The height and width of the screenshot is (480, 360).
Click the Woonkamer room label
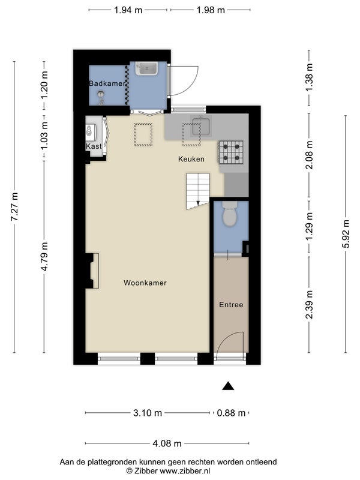pos(145,283)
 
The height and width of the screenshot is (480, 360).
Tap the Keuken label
pos(191,159)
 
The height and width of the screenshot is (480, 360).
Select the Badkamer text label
pos(107,83)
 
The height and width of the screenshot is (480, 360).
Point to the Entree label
pos(231,305)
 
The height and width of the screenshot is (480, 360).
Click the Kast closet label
pos(94,146)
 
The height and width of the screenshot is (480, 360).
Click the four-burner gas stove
pos(231,152)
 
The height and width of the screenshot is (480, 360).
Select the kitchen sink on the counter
pos(201,126)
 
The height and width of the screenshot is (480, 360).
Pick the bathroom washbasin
pos(147,69)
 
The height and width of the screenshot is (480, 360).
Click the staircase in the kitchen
pos(198,191)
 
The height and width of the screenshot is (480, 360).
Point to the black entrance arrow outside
pos(228,386)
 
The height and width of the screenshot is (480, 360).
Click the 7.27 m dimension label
pos(14,207)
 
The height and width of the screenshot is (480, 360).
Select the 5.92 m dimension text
pos(346,234)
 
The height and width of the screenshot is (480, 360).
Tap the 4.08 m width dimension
pos(167,443)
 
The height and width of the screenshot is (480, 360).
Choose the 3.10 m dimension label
pos(148,413)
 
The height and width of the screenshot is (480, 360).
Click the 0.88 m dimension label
pos(231,413)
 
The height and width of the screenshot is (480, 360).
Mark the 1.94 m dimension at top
pos(128,10)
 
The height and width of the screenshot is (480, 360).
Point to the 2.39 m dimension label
pos(309,304)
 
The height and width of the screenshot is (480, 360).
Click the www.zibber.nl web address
pos(185,471)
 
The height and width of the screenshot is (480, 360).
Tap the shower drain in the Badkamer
pos(100,94)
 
